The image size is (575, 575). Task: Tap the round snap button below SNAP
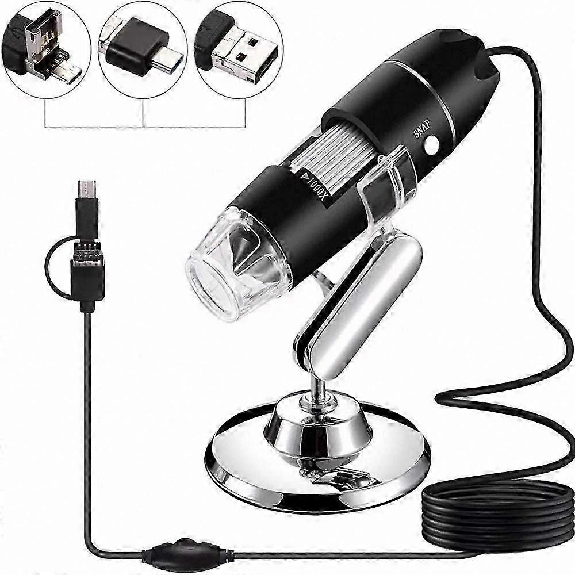click(432, 144)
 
